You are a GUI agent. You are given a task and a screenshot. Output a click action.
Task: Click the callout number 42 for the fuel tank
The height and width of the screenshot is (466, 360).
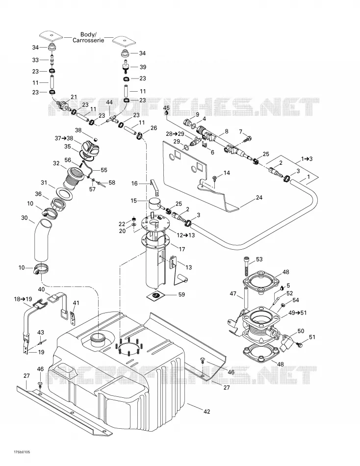pyautogui.click(x=206, y=412)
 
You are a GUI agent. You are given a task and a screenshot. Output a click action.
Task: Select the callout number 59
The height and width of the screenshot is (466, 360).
pyautogui.click(x=181, y=294)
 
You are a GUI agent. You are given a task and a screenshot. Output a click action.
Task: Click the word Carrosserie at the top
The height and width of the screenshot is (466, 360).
pyautogui.click(x=88, y=40)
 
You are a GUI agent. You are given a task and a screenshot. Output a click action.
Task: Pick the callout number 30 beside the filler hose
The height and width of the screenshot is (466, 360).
pyautogui.click(x=25, y=218)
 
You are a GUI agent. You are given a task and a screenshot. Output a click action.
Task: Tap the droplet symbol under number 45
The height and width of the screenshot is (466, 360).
pyautogui.click(x=166, y=113)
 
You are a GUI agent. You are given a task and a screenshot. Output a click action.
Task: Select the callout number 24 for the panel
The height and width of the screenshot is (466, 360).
pyautogui.click(x=259, y=197)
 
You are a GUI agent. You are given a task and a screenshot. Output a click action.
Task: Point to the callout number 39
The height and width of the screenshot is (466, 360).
pyautogui.click(x=143, y=67)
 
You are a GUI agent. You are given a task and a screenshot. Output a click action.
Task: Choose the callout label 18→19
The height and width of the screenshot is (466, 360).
pyautogui.click(x=23, y=299)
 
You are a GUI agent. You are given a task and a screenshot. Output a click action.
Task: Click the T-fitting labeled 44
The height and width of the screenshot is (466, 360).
pyautogui.click(x=112, y=120)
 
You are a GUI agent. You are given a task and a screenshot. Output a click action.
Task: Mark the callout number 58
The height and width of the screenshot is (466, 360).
pyautogui.click(x=112, y=182)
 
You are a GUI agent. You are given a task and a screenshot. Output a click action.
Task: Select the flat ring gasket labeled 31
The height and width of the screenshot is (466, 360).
pyautogui.click(x=64, y=193)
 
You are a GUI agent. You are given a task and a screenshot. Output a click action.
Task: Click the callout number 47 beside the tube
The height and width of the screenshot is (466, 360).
pyautogui.click(x=233, y=294)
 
